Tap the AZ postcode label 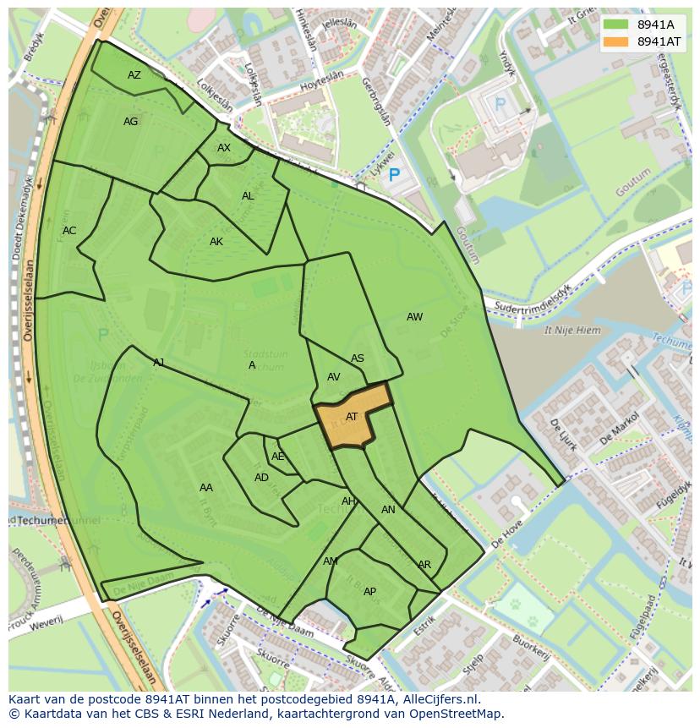click(134, 75)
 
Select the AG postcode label click(130, 122)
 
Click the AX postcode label click(224, 148)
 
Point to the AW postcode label click(414, 317)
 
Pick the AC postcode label click(69, 231)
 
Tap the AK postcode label click(216, 242)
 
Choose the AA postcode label click(206, 488)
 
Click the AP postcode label click(369, 592)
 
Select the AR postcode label click(424, 565)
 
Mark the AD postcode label click(261, 478)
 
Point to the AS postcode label click(358, 359)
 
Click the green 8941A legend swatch click(615, 25)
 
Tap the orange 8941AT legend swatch click(615, 41)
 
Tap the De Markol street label click(618, 428)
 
